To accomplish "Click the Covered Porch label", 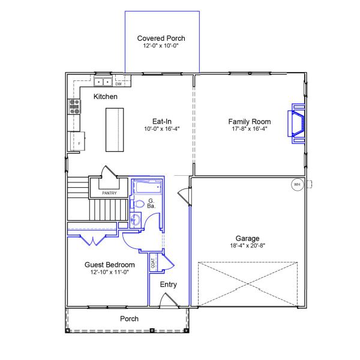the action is (x=161, y=38).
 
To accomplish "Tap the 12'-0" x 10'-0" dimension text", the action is (x=161, y=46).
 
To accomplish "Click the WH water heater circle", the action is (x=297, y=184).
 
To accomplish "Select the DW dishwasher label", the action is (x=118, y=84).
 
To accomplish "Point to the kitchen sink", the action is (x=103, y=82).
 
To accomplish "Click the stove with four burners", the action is (x=74, y=107).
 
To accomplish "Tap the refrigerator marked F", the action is (x=77, y=141).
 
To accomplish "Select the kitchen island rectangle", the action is (x=115, y=130).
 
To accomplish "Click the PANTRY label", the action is (x=109, y=193).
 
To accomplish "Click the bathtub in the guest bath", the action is (x=146, y=187).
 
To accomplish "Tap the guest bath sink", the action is (x=136, y=220).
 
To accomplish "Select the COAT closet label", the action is (x=153, y=263).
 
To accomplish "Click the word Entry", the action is (x=168, y=284).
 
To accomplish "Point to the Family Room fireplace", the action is (x=296, y=124).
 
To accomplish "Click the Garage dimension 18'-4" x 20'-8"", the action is (x=247, y=245).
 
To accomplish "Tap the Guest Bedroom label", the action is (x=110, y=265).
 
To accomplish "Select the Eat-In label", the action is (x=162, y=121).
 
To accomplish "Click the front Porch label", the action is (x=129, y=319).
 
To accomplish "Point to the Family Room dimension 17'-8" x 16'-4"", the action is (x=250, y=128).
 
